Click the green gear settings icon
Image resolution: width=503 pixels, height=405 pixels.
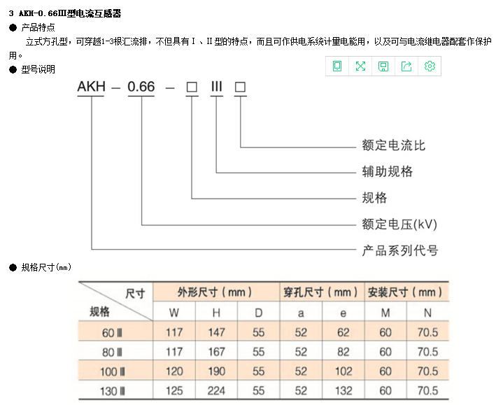pos(430,66)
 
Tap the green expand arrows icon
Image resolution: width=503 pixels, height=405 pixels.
pos(360,66)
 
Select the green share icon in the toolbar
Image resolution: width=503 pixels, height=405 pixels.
pos(406,66)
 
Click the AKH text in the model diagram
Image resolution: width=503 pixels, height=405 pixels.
pos(91,87)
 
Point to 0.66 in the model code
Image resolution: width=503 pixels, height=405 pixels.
pos(141,87)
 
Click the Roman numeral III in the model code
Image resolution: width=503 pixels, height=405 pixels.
pos(217,87)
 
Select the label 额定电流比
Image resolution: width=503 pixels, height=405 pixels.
pos(394,145)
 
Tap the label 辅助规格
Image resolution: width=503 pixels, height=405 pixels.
pos(387,171)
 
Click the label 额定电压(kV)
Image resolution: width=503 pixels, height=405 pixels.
pos(399,224)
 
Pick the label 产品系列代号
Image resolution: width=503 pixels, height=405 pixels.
pos(400,250)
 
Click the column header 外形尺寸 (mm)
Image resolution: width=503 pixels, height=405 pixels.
pos(214,292)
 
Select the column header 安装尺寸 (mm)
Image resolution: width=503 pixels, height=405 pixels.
pos(405,292)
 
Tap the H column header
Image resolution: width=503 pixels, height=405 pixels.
pos(216,313)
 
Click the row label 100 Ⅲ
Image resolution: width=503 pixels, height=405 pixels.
pos(112,371)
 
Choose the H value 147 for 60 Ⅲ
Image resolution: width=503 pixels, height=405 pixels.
pos(216,332)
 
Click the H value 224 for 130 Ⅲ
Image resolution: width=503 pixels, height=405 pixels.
pos(216,390)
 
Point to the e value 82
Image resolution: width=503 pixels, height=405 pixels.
pos(343,352)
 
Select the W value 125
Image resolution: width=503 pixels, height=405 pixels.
pos(174,390)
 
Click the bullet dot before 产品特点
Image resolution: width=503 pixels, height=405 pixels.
pos(13,27)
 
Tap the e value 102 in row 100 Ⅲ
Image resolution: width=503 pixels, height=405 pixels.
pos(343,371)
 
